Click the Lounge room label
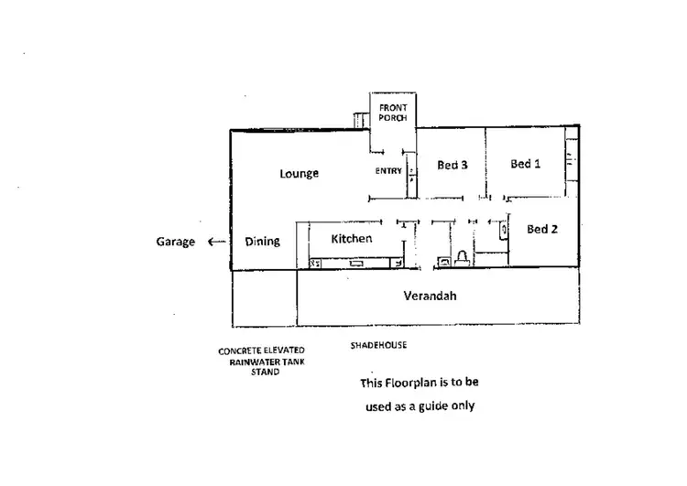(x=299, y=173)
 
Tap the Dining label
(x=263, y=242)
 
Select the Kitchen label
(x=352, y=239)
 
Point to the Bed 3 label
(x=453, y=166)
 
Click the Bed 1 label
(x=526, y=164)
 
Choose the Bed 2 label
(x=542, y=229)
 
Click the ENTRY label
(x=388, y=171)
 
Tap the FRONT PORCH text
(x=393, y=113)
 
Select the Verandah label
(x=430, y=296)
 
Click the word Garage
(x=175, y=242)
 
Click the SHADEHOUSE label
(x=378, y=346)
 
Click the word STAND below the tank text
(x=265, y=373)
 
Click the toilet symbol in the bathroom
(x=463, y=257)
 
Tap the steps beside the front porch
(x=362, y=119)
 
